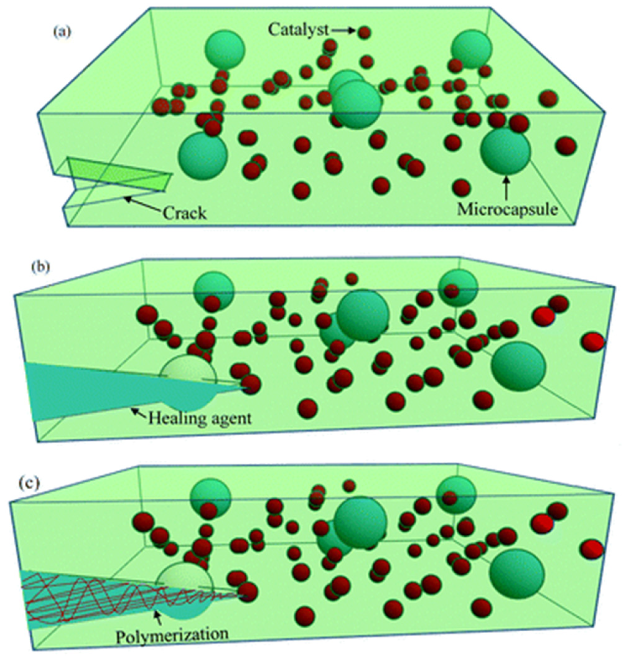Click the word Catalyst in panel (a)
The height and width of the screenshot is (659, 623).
pyautogui.click(x=298, y=30)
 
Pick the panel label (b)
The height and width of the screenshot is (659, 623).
pyautogui.click(x=41, y=267)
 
